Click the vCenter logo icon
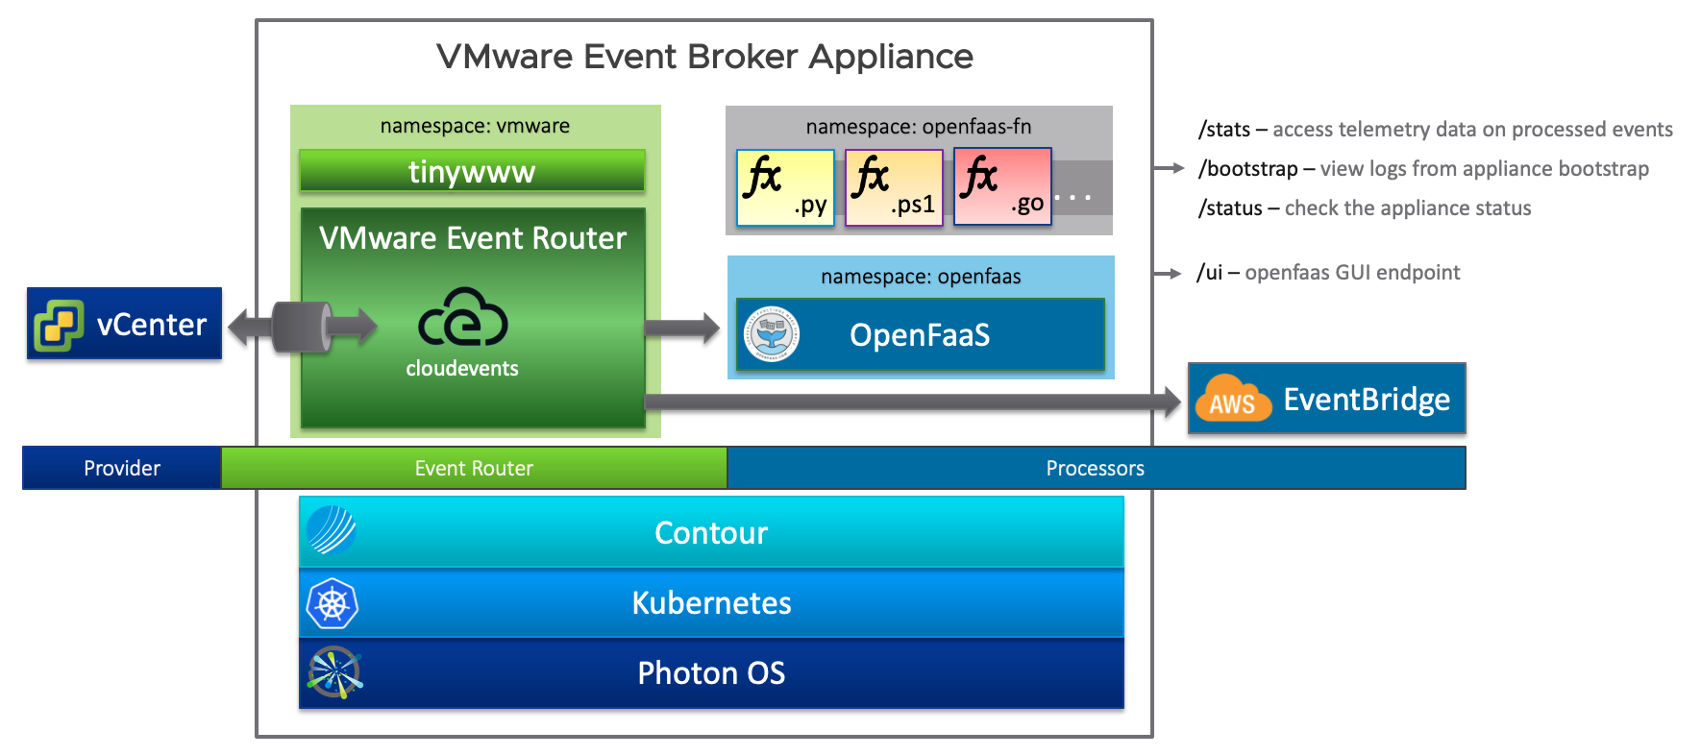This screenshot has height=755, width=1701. pos(58,325)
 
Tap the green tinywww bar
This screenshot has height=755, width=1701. pos(472,172)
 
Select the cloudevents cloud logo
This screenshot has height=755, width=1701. pos(463,317)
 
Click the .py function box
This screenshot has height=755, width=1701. pos(785,187)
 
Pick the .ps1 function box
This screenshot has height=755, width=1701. pos(894,187)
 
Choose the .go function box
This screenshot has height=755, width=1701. pos(1002,186)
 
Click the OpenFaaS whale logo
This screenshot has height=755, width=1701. pos(772,334)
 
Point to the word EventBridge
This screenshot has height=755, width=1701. pos(1367,400)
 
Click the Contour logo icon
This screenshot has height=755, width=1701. pos(332,530)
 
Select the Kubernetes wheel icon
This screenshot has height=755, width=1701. pos(332,603)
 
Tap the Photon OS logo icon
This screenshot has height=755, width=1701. pos(334,672)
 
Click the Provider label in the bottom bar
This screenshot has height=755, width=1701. pos(122,469)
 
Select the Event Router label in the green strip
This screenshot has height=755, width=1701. pos(474,469)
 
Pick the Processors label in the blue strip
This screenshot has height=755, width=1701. pos(1096,469)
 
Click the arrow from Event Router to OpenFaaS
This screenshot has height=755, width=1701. pos(682,329)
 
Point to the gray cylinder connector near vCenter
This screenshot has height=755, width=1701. pos(303,328)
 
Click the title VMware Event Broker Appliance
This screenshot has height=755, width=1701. pos(704,57)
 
